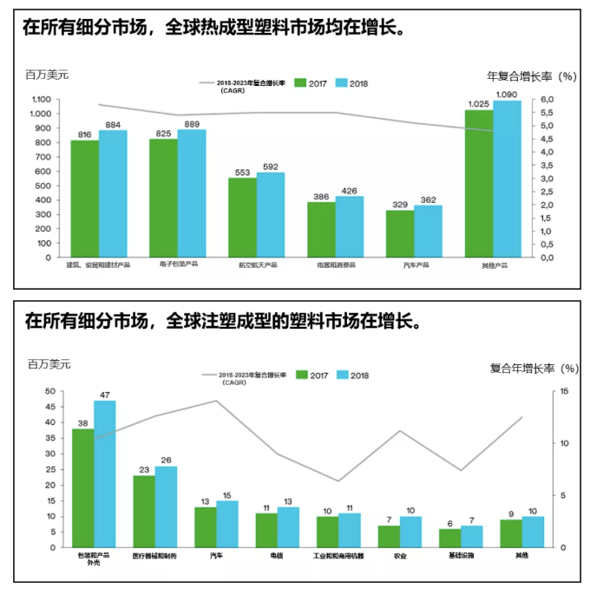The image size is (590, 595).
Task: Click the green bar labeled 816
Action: (x=84, y=199)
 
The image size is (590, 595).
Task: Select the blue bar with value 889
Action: (x=192, y=193)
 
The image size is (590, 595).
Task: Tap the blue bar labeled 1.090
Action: (x=507, y=179)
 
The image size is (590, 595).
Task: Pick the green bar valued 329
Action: (x=400, y=233)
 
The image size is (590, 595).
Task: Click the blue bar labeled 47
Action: (x=104, y=474)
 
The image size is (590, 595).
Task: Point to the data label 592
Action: (x=271, y=167)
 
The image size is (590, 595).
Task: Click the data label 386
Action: (x=321, y=196)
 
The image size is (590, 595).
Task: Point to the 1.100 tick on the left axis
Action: (x=42, y=100)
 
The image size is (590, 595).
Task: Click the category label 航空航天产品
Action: (x=257, y=265)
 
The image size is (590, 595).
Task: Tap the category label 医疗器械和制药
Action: (x=154, y=555)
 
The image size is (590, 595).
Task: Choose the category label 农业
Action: (x=400, y=555)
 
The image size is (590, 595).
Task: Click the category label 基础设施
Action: (x=461, y=555)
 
